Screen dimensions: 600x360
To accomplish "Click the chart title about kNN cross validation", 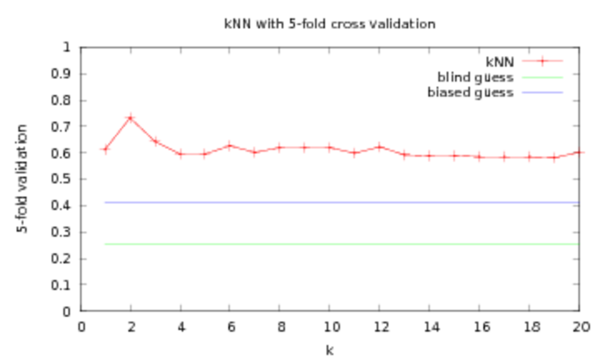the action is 330,23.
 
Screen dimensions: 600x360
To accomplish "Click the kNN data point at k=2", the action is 131,117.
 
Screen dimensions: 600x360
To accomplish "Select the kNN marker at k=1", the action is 106,149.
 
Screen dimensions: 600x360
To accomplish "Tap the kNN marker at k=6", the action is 229,146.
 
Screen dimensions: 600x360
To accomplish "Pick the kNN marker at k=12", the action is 379,147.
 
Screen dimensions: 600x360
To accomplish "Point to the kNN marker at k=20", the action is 579,152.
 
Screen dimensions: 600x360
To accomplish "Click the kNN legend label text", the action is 500,62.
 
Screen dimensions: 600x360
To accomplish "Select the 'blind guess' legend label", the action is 475,77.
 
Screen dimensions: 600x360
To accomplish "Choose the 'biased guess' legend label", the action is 470,92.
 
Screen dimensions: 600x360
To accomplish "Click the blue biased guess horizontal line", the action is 342,202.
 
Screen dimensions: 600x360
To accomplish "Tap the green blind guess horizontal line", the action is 342,243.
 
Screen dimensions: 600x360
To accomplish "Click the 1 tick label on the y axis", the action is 67,47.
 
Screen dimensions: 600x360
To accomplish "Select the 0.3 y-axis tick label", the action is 61,232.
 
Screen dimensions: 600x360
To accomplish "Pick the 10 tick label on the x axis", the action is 332,327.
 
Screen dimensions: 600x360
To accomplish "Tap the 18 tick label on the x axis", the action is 532,327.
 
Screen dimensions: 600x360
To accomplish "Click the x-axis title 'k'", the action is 329,350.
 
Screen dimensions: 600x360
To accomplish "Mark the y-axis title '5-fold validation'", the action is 22,178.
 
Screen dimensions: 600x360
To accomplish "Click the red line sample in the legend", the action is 542,61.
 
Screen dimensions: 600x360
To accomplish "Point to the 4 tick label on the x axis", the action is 182,327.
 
